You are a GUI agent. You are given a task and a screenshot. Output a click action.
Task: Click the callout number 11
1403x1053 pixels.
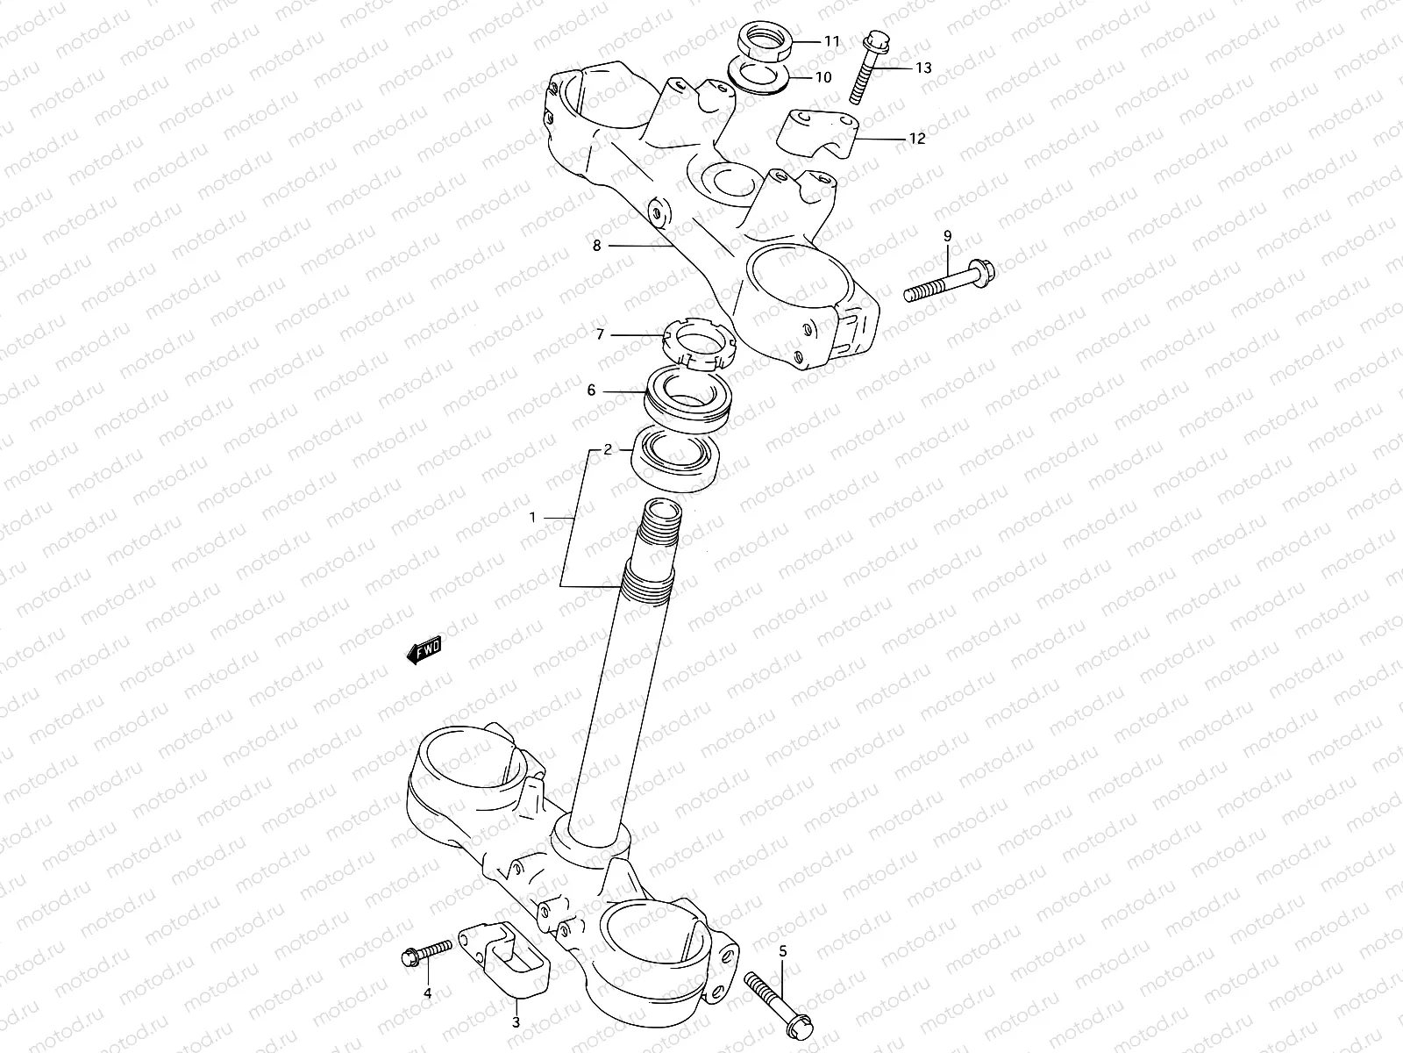[831, 41]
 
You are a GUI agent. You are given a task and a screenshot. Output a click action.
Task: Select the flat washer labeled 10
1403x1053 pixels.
[759, 75]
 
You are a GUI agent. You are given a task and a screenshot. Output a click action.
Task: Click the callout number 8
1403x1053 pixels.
[597, 246]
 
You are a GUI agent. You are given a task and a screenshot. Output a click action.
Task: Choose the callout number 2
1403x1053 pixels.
[608, 449]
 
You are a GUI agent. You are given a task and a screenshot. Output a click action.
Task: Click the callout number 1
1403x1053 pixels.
[531, 518]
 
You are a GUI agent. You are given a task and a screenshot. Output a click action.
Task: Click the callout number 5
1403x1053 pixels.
[783, 950]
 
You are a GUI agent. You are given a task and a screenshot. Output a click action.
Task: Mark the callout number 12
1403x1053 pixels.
[917, 139]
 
